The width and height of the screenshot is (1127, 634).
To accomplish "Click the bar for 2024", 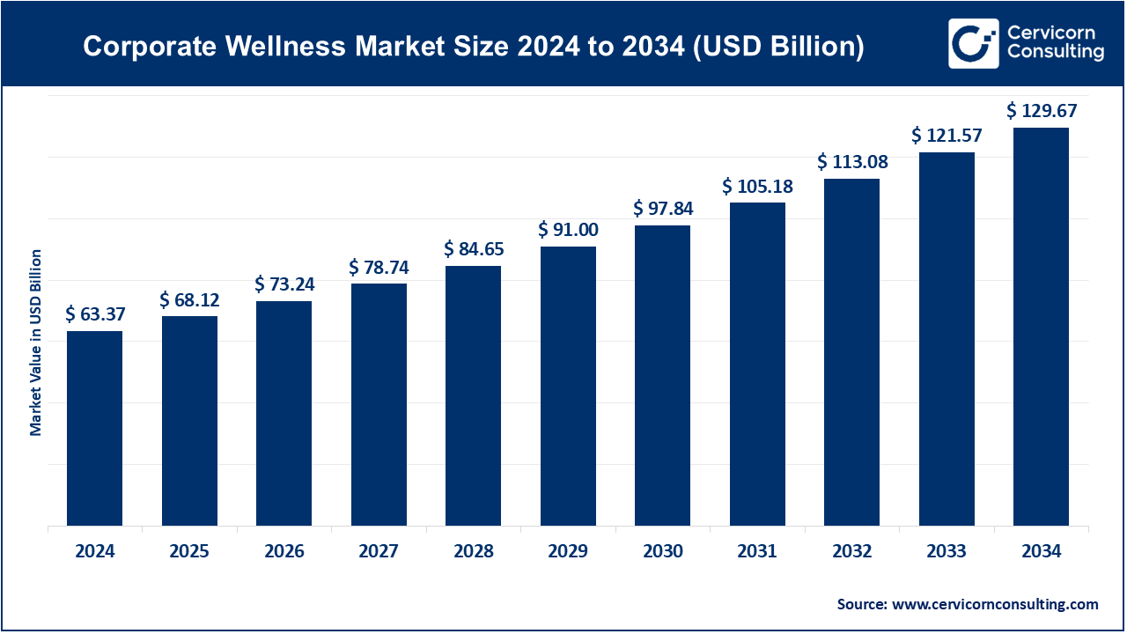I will pos(94,429).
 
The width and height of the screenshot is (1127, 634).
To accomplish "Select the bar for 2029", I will pos(568,387).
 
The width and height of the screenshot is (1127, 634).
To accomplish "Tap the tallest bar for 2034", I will pos(1041,327).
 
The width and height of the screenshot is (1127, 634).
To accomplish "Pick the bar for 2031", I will pos(757,365).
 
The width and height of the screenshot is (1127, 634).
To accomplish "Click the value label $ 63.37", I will pos(94,314).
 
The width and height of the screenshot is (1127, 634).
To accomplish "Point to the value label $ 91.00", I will pos(568,230).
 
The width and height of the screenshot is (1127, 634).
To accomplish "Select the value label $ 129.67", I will pos(1042,111).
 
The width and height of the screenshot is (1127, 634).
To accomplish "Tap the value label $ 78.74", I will pos(379,267).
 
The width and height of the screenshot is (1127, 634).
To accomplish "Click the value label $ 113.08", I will pos(852,162).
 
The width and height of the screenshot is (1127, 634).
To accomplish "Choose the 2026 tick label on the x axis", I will pos(284,552).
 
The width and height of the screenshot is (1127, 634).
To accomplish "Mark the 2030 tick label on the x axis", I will pos(662,552).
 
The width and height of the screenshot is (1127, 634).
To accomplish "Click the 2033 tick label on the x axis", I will pos(947,552).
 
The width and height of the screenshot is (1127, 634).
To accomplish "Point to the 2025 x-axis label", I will pos(189,552).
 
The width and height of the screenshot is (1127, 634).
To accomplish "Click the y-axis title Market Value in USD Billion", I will pos(36,343).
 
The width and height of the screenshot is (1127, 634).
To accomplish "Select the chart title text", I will pos(473,47).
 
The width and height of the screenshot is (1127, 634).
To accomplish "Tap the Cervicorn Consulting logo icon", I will pos(973,43).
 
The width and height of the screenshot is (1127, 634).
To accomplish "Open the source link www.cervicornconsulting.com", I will pos(995,604).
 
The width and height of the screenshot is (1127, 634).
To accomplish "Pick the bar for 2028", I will pos(473,396).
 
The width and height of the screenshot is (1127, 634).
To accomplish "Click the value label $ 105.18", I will pos(757,187).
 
